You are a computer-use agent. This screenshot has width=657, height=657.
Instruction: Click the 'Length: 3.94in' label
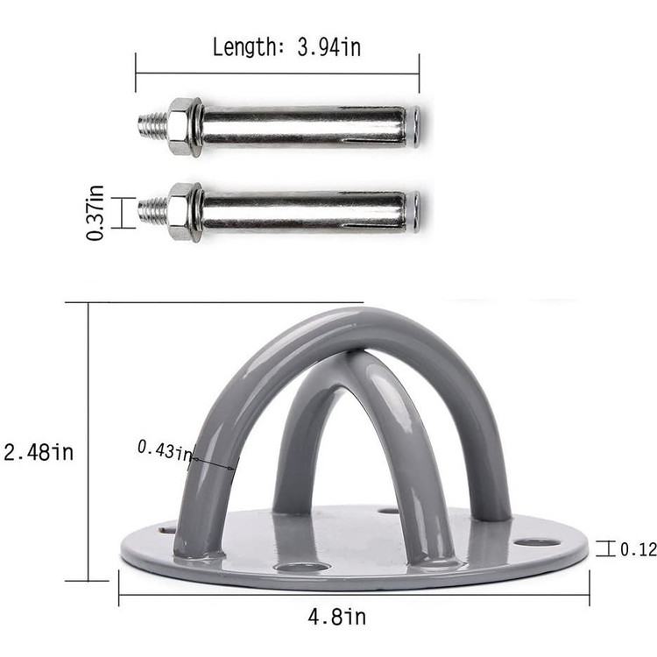pyautogui.click(x=286, y=47)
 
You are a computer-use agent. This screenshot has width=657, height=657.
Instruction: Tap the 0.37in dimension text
pyautogui.click(x=95, y=213)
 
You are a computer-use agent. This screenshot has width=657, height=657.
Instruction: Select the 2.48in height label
pyautogui.click(x=39, y=453)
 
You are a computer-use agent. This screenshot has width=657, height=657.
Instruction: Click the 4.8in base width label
pyautogui.click(x=337, y=617)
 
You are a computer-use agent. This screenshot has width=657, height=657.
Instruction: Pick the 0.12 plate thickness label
pyautogui.click(x=638, y=549)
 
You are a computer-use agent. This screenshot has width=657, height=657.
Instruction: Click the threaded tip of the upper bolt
pyautogui.click(x=153, y=125)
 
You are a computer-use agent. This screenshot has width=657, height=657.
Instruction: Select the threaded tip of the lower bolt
pyautogui.click(x=153, y=211)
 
